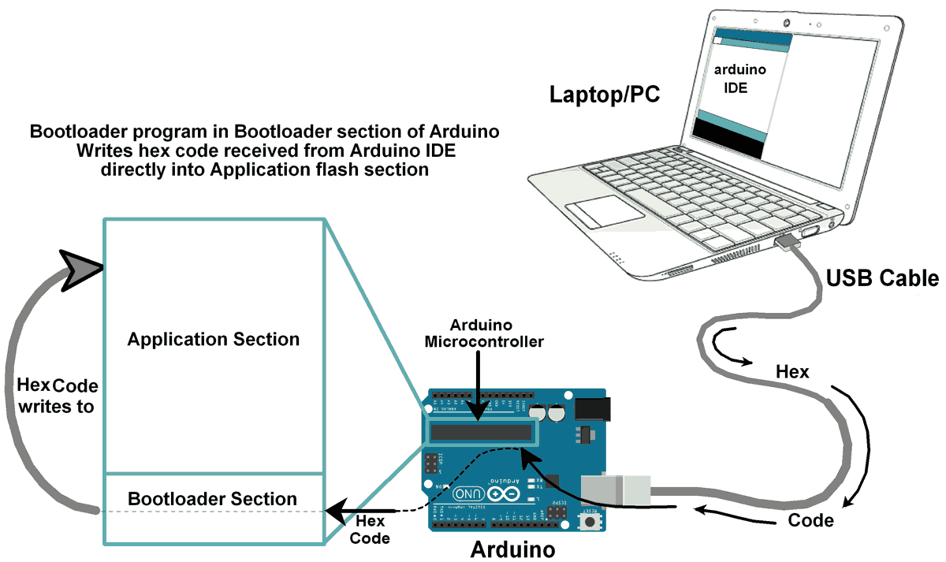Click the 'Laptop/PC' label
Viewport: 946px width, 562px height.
(x=605, y=95)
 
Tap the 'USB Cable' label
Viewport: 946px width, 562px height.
(x=882, y=278)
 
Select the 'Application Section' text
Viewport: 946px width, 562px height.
(x=214, y=340)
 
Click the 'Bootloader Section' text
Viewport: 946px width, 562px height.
(x=213, y=499)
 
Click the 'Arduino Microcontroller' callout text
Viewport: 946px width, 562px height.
(x=481, y=333)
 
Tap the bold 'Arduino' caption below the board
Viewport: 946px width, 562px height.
(x=512, y=549)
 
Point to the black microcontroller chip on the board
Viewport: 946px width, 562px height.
(x=481, y=432)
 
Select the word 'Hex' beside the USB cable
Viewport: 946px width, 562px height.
(x=792, y=371)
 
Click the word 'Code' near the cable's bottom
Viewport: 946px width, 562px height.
(x=810, y=521)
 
